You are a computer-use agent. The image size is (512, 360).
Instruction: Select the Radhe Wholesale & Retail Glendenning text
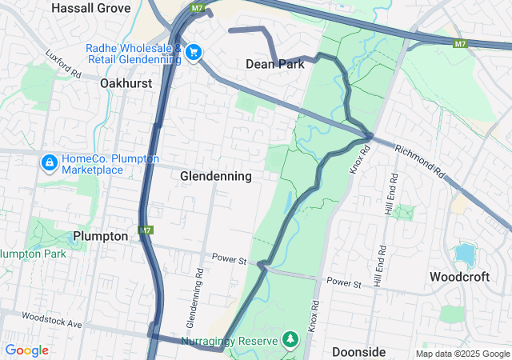coord(133,53)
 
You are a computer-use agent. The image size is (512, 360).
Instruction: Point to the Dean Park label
coord(275,64)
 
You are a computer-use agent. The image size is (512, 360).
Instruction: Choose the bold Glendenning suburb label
coord(216,175)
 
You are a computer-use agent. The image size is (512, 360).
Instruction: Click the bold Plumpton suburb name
coord(100,236)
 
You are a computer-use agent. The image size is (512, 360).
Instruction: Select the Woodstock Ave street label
coord(52,322)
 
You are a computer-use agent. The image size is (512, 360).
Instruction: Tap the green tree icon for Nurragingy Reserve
coord(290,341)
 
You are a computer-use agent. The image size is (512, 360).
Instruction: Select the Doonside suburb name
coord(358,352)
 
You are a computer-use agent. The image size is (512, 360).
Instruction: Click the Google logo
coord(26,350)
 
